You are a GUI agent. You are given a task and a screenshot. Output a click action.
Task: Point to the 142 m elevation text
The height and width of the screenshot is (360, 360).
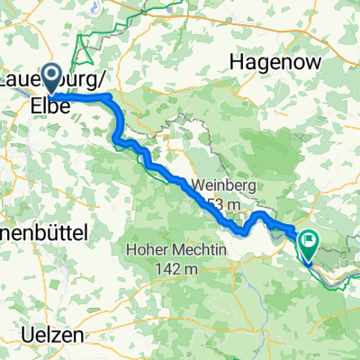click(175, 268)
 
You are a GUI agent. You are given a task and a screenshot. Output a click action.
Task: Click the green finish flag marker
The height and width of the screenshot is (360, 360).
click(310, 241)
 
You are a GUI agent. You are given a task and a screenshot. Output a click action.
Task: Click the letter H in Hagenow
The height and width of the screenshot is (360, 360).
click(237, 61)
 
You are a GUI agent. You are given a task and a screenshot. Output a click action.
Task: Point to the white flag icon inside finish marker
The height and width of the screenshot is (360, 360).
click(310, 240)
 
